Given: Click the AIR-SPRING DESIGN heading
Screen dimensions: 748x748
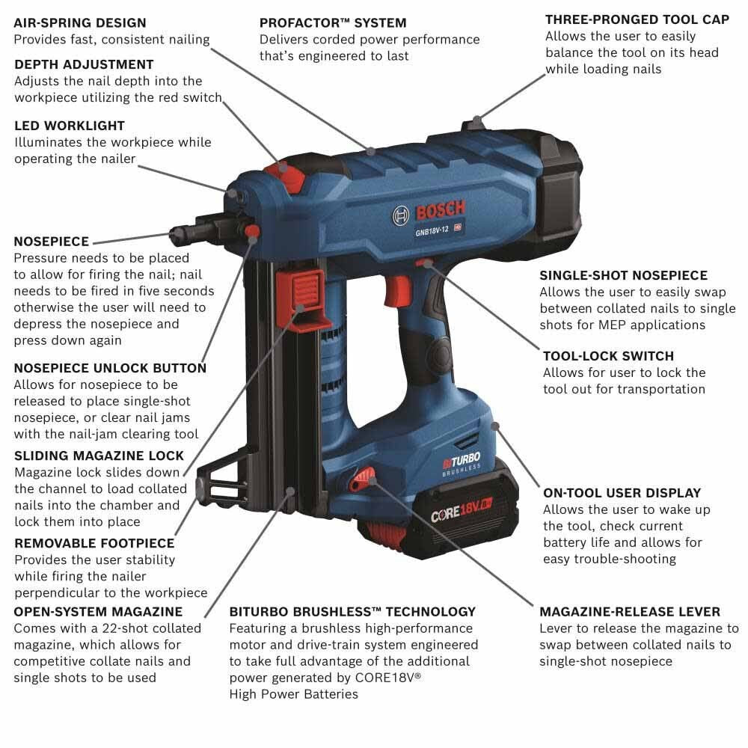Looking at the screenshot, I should click(x=80, y=22).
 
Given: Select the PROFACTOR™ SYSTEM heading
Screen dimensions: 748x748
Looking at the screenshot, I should click(x=333, y=22).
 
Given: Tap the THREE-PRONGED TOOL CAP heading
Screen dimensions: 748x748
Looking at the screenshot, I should click(x=637, y=19).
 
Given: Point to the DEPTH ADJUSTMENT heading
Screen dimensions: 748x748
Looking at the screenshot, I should click(x=84, y=64).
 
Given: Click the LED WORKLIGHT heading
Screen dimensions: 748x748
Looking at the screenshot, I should click(x=70, y=126).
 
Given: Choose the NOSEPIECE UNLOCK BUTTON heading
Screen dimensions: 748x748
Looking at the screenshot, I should click(x=110, y=368).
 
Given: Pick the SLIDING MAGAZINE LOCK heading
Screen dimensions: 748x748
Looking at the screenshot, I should click(x=99, y=456).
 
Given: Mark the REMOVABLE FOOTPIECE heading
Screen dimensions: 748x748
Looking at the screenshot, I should click(x=94, y=543).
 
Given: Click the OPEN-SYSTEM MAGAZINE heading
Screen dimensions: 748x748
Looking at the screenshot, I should click(x=98, y=612).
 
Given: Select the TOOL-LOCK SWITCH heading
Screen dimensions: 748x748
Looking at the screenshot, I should click(x=608, y=356).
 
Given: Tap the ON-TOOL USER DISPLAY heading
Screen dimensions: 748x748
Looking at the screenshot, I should click(x=622, y=493).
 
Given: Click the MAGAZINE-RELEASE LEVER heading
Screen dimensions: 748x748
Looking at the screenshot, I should click(x=630, y=612).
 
